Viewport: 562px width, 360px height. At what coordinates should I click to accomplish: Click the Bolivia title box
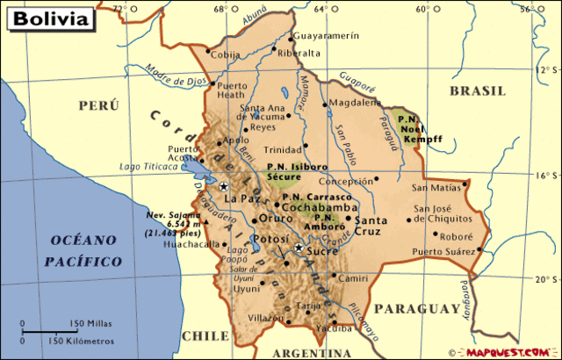50,17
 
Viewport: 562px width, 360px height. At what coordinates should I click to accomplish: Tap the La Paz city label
238,199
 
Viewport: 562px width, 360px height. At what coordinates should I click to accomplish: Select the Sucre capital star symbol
299,249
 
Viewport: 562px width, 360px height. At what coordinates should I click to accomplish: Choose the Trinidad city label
283,149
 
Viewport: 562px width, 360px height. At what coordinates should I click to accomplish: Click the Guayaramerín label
327,36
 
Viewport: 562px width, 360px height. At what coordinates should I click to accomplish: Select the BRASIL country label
477,90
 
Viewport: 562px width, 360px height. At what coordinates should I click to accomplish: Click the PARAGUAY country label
416,309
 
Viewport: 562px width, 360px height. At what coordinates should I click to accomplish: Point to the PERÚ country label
97,105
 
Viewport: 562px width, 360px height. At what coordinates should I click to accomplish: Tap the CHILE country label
204,335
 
